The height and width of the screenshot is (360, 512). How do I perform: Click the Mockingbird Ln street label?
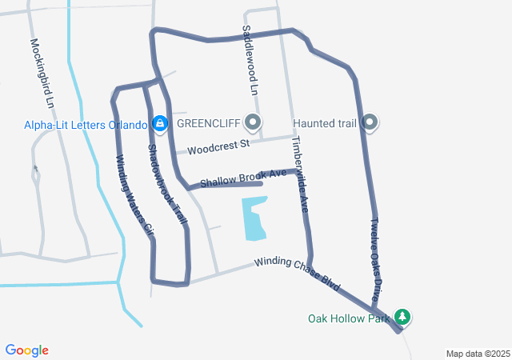(41, 74)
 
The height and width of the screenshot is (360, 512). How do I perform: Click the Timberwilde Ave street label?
(300, 174)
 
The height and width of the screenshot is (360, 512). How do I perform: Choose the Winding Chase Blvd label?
(298, 274)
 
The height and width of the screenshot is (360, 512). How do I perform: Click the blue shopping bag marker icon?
(160, 123)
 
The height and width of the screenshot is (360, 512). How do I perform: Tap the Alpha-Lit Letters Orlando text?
(86, 125)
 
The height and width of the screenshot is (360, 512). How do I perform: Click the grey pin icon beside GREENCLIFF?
(254, 123)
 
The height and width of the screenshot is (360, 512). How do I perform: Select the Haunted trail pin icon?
(370, 123)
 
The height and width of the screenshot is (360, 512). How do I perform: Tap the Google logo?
(26, 350)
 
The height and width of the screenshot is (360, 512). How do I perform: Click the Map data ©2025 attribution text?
(478, 354)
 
